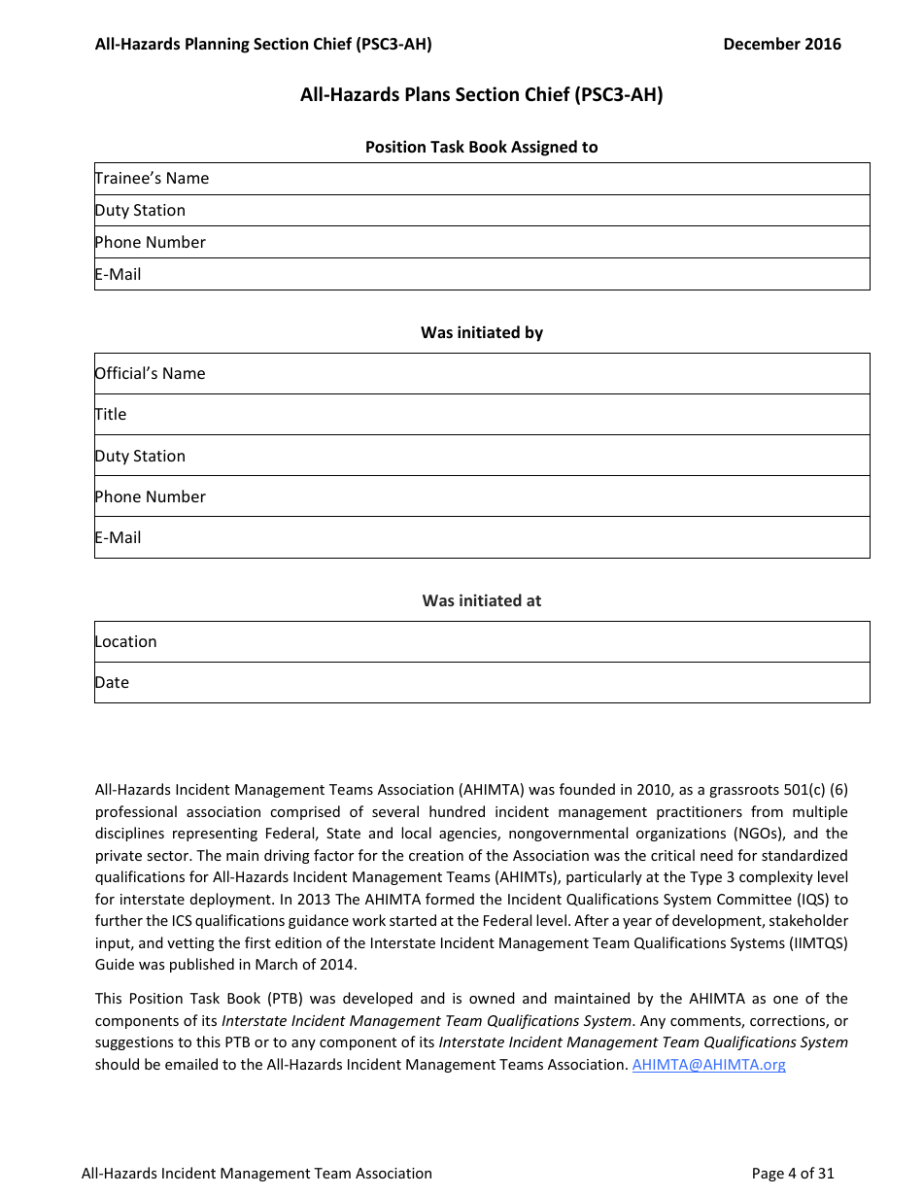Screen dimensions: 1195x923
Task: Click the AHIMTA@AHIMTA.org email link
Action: coord(708,1064)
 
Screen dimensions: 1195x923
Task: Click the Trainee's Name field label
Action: coord(152,178)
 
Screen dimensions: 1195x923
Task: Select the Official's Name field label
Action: coord(150,373)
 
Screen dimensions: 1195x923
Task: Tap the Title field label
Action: coord(111,414)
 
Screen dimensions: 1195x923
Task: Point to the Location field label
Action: coord(125,641)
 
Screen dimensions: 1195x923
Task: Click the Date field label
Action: coord(112,682)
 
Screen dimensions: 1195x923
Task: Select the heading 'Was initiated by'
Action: coord(482,332)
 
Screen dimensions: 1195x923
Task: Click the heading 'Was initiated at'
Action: coord(482,600)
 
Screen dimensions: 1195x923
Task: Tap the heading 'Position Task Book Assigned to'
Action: coord(482,147)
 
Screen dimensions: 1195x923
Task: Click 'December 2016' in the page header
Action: coord(782,44)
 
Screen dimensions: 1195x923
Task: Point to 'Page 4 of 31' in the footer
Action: coord(793,1173)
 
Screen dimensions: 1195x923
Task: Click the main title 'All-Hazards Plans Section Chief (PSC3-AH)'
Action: coord(482,95)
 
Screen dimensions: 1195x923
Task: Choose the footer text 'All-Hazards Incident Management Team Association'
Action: coord(256,1173)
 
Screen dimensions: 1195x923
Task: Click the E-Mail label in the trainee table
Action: coord(118,274)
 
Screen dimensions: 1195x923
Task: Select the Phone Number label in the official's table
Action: coord(150,496)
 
